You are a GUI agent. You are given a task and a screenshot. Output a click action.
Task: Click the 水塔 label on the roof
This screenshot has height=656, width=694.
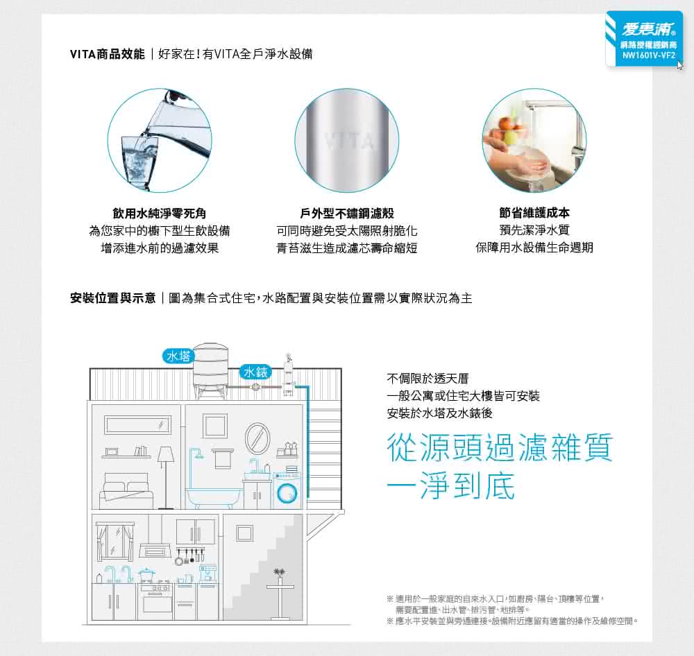coord(178,356)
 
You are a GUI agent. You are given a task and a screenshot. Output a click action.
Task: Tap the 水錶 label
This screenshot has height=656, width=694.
coord(255,372)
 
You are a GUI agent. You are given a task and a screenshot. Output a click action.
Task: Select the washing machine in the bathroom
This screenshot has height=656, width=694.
coord(287,491)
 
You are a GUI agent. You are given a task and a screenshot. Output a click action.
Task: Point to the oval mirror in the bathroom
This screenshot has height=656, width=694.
coord(257,438)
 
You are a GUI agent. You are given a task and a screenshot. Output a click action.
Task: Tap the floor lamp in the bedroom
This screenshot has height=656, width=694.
coord(166,477)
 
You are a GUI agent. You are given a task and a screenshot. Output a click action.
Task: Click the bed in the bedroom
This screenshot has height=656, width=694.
coord(126,491)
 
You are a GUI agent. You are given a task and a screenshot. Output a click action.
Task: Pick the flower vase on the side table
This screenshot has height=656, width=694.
coord(279,576)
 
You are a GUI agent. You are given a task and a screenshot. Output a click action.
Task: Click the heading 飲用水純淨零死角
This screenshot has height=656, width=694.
coord(160,213)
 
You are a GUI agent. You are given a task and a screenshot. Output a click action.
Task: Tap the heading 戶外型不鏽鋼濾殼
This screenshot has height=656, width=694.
coord(347,213)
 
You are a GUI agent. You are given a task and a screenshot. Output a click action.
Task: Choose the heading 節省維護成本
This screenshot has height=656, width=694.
coord(534,213)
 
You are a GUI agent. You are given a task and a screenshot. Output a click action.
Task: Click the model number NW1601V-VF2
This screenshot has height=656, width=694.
coord(649,55)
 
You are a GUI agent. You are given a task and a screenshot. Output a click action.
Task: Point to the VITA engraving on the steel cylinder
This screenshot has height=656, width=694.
coord(350,141)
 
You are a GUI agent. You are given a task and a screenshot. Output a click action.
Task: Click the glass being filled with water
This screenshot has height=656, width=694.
coord(139,162)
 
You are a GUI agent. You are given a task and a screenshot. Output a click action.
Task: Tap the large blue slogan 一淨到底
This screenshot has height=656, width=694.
coord(451,486)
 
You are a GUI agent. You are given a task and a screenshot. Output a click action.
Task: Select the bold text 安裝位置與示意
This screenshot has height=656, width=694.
coord(113,298)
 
